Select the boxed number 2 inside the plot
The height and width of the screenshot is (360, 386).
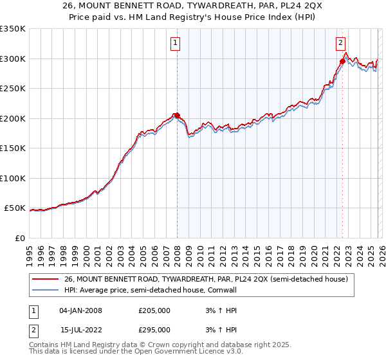click(340, 43)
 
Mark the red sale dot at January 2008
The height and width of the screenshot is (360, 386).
click(177, 116)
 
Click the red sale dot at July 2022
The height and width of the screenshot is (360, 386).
click(342, 62)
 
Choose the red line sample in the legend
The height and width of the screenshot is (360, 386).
click(46, 279)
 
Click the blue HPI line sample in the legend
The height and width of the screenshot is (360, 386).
click(46, 291)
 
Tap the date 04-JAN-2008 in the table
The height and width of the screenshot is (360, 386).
click(80, 310)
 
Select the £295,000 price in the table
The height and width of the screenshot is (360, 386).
click(154, 329)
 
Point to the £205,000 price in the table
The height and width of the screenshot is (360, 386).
click(154, 310)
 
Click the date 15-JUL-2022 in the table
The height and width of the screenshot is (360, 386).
click(80, 329)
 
